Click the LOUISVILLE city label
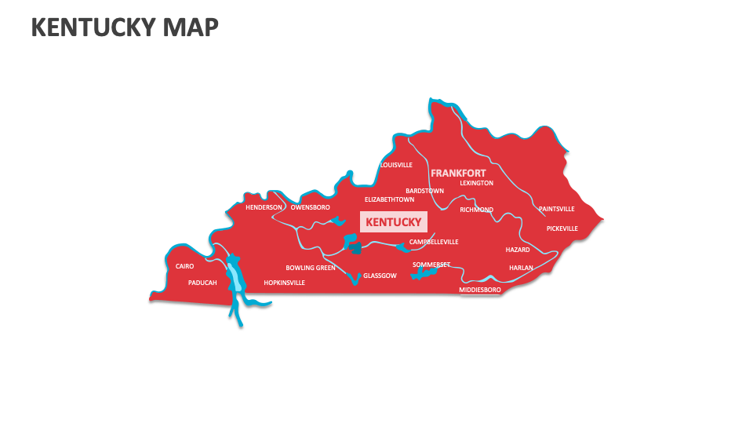pos(396,165)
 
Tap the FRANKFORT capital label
pos(457,173)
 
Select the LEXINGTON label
pos(476,183)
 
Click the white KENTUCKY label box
pos(394,222)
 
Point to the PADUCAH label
pos(202,283)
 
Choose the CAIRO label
pos(184,266)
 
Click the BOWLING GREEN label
pos(310,268)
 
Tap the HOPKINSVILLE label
pos(284,283)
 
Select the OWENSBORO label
pos(310,207)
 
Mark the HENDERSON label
pos(264,207)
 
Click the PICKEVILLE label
pos(562,228)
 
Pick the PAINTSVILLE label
pos(556,209)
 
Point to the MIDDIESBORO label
pos(479,290)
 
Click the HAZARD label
pos(518,250)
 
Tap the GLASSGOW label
pos(380,276)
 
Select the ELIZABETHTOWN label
pos(389,199)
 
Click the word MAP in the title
pos(191,27)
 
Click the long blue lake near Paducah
pos(235,274)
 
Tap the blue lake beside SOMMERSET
pos(424,272)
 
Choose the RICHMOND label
pos(476,210)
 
